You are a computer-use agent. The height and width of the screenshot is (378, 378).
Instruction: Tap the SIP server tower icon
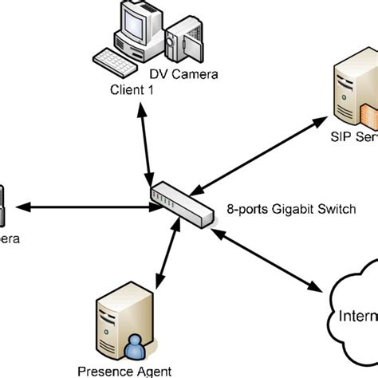point(351,92)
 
